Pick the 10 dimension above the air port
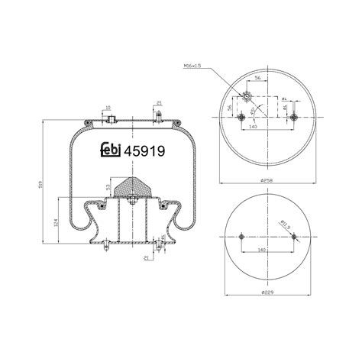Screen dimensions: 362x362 click(x=108, y=108)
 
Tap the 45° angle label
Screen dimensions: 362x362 click(x=253, y=108)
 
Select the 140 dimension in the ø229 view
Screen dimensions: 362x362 click(x=262, y=249)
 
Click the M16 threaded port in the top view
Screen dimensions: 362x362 click(x=246, y=96)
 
